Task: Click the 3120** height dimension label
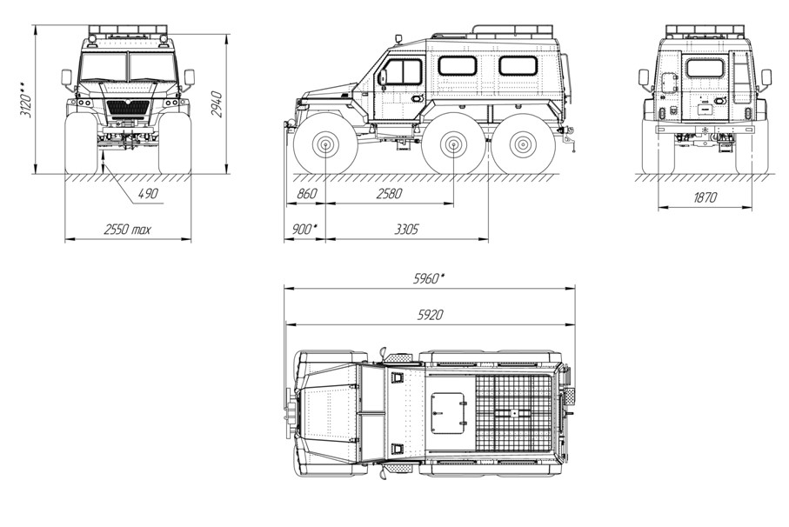[x=26, y=99]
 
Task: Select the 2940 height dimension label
[x=217, y=104]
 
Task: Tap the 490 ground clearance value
[x=147, y=194]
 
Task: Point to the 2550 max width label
[x=127, y=230]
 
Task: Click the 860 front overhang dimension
[x=307, y=194]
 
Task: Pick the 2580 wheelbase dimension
[x=390, y=194]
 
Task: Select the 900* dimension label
[x=305, y=230]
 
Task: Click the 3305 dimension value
[x=406, y=230]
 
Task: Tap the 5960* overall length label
[x=429, y=278]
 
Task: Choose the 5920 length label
[x=431, y=315]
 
